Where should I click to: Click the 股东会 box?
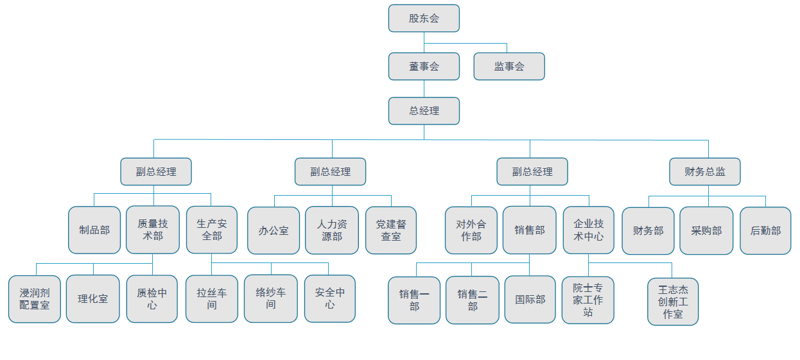[x=424, y=18]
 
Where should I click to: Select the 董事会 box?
[x=424, y=66]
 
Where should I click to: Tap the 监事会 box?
[x=509, y=66]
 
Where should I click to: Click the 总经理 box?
[x=424, y=110]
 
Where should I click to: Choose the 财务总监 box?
[x=704, y=171]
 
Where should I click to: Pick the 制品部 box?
[x=94, y=230]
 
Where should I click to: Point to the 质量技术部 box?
[x=153, y=230]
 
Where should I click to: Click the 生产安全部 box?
[x=212, y=230]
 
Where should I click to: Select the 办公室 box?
[x=274, y=230]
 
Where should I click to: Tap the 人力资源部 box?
[x=332, y=230]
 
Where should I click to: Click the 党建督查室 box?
[x=391, y=230]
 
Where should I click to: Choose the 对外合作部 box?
[x=471, y=230]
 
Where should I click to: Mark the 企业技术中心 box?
[x=589, y=230]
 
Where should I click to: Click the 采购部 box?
[x=706, y=230]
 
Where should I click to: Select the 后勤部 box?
[x=765, y=230]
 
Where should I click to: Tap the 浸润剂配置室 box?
[x=35, y=298]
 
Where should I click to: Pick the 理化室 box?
[x=93, y=298]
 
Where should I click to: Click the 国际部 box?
[x=530, y=300]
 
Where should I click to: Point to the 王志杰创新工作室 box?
[x=673, y=302]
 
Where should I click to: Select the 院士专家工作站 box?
[x=588, y=300]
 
